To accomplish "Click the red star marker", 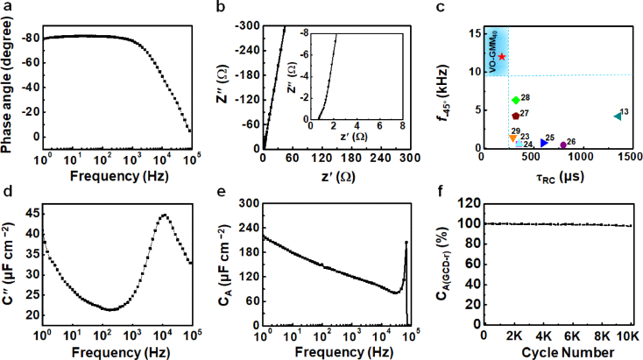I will click(x=502, y=56).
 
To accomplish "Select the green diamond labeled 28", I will click(x=516, y=101).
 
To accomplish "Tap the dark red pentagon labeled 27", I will click(x=515, y=115).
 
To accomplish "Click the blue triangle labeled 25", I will click(x=544, y=142).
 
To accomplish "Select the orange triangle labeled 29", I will click(x=512, y=138).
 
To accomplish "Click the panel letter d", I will click(x=6, y=190).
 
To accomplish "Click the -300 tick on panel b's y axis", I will click(x=248, y=27).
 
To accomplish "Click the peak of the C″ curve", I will click(x=164, y=215).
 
